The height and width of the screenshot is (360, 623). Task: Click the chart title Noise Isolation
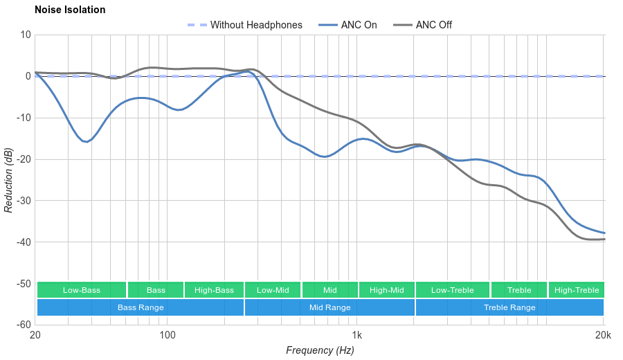coord(70,10)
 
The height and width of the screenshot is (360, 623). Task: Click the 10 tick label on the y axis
coord(26,35)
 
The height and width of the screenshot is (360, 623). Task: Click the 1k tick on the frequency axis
coord(357,335)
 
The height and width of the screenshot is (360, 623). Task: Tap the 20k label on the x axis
coord(603,335)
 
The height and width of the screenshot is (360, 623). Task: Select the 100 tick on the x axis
coord(167,335)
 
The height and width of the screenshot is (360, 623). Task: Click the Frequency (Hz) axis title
coord(320,350)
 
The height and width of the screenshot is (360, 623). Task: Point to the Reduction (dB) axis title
coord(8,179)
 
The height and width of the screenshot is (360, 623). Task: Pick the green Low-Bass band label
coord(82,290)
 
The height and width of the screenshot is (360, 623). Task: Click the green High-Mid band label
coord(386,290)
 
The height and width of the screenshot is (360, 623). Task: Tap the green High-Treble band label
coord(576,290)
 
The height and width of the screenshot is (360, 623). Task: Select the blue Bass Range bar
coord(141,307)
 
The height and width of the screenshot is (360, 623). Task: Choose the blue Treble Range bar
coord(509,307)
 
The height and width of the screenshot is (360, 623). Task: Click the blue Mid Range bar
coord(329,307)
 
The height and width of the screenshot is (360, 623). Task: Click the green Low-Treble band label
coord(453,290)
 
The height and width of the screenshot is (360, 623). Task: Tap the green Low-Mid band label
coord(273,290)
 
